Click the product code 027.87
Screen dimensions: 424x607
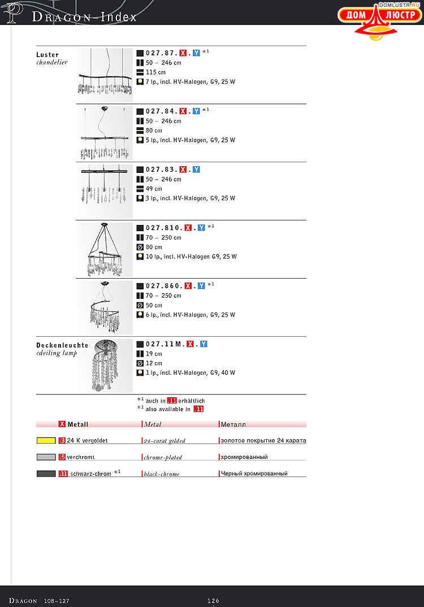(162, 53)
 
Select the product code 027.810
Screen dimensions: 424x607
(164, 228)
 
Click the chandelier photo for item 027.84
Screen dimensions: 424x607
(105, 133)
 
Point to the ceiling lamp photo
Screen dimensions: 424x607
(105, 366)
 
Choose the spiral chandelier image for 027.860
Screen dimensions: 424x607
(105, 307)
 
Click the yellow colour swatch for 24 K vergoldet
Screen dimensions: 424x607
(46, 440)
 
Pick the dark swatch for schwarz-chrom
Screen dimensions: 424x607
(46, 474)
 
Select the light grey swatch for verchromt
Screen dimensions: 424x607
(46, 457)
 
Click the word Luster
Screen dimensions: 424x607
(47, 55)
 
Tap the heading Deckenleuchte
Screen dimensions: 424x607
(62, 345)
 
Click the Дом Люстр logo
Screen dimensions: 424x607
(379, 21)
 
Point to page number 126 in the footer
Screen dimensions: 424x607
(213, 601)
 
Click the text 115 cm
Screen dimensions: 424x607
(155, 72)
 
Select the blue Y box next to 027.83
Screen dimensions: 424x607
(196, 170)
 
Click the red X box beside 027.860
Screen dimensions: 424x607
(188, 285)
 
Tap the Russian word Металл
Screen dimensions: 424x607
(233, 424)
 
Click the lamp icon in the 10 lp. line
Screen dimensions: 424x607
(140, 256)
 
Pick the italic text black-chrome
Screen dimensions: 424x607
(162, 474)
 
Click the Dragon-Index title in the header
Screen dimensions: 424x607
(84, 17)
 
